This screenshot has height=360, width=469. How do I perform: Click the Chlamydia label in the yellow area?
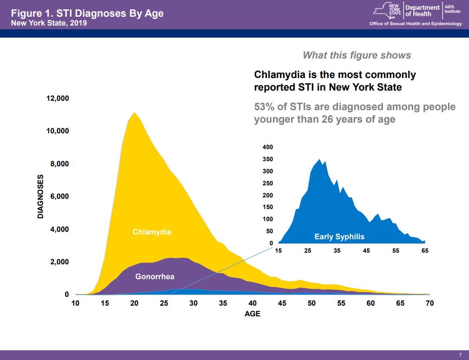point(152,232)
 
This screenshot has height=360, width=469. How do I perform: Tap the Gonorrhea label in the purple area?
point(155,277)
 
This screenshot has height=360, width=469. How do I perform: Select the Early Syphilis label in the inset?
point(339,237)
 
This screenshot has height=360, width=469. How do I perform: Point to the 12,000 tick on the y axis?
point(58,98)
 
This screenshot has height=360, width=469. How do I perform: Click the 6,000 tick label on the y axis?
point(59,196)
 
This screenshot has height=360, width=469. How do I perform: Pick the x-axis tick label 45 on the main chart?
point(282,303)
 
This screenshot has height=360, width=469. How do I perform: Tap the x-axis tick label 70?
point(429,303)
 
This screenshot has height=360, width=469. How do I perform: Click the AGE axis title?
point(252,314)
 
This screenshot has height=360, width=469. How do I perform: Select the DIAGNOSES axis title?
point(40,196)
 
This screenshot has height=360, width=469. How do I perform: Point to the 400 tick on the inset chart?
point(268,147)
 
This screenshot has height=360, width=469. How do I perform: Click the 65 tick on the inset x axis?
point(425,251)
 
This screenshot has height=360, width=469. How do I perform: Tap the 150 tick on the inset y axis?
point(268,207)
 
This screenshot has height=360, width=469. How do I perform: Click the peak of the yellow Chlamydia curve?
point(134,112)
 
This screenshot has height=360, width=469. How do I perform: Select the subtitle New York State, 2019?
point(49,23)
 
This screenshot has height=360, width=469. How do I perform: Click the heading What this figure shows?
point(357,55)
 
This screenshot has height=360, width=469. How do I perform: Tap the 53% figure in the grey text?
point(264,107)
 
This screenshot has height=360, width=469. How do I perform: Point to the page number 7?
point(460,355)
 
